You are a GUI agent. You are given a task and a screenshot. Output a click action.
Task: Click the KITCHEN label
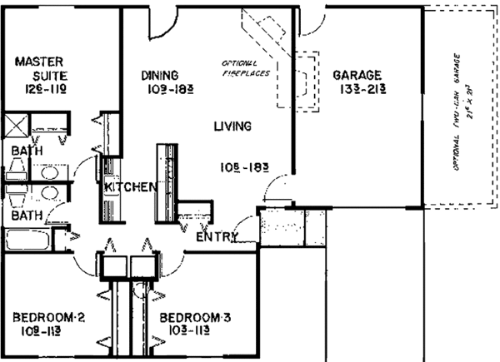(x=131, y=188)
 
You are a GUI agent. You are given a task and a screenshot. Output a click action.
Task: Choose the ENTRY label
(x=217, y=238)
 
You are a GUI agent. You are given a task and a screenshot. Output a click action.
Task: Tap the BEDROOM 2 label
(x=49, y=318)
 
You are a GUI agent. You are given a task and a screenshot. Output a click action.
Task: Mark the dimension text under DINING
(x=166, y=90)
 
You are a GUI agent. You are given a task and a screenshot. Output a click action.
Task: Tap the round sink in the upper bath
(x=47, y=170)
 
